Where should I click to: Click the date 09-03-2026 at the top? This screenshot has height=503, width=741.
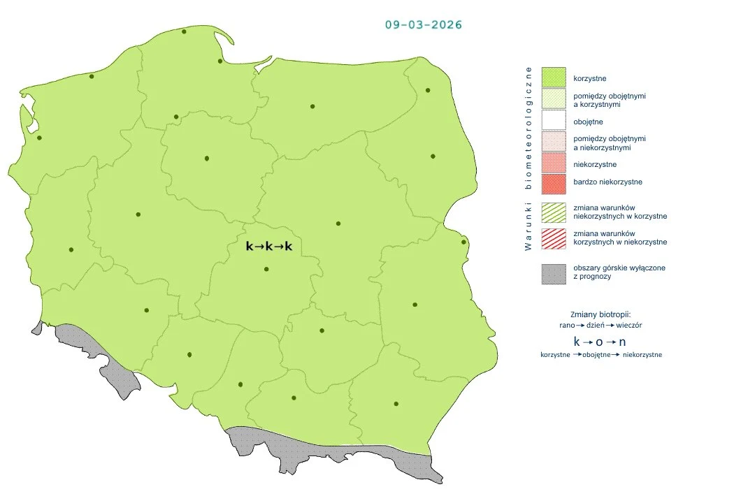pyautogui.click(x=423, y=24)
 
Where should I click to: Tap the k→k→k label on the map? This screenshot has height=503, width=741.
pyautogui.click(x=269, y=247)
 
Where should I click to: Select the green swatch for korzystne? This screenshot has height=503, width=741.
pyautogui.click(x=553, y=78)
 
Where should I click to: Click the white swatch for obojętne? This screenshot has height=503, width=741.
pyautogui.click(x=553, y=122)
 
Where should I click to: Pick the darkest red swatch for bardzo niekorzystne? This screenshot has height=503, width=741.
pyautogui.click(x=553, y=183)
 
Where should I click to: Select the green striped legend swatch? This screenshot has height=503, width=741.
pyautogui.click(x=553, y=212)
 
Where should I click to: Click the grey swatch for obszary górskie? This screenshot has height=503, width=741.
pyautogui.click(x=553, y=273)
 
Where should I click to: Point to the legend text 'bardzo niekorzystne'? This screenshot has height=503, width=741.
pyautogui.click(x=607, y=182)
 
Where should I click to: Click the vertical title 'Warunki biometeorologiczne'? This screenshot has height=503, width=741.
pyautogui.click(x=528, y=159)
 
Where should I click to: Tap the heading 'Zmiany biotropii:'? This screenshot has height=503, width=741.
pyautogui.click(x=600, y=314)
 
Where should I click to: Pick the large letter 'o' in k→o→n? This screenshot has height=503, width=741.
pyautogui.click(x=599, y=342)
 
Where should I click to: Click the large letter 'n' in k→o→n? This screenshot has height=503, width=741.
pyautogui.click(x=622, y=342)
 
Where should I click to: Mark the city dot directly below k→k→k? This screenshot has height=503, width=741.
pyautogui.click(x=266, y=270)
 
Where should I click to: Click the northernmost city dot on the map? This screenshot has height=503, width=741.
pyautogui.click(x=184, y=31)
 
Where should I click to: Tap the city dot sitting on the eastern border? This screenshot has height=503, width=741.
pyautogui.click(x=463, y=242)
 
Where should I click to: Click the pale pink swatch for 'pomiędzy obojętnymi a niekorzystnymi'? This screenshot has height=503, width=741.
pyautogui.click(x=553, y=143)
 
